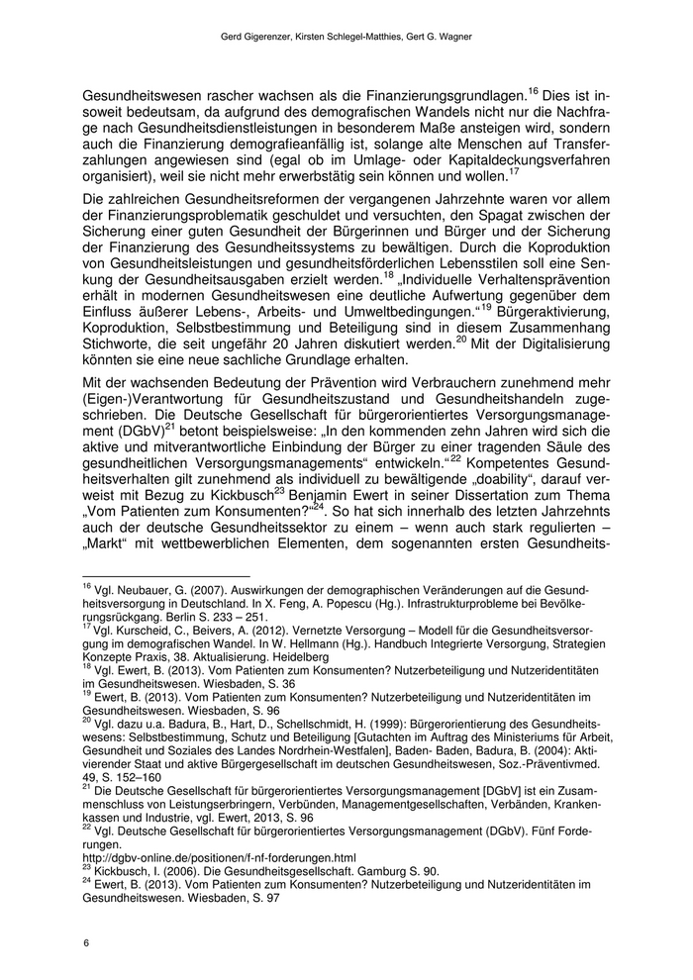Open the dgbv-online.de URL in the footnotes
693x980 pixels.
click(218, 856)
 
